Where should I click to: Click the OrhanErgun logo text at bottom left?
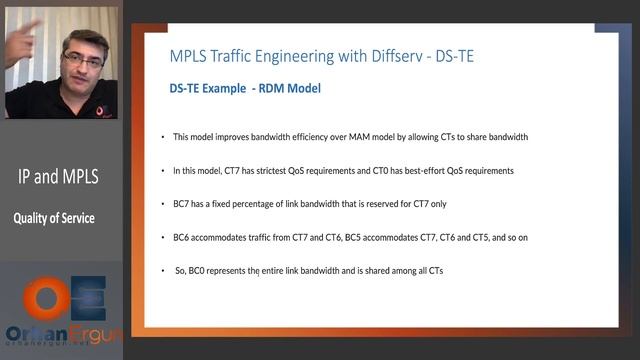coord(60,334)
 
